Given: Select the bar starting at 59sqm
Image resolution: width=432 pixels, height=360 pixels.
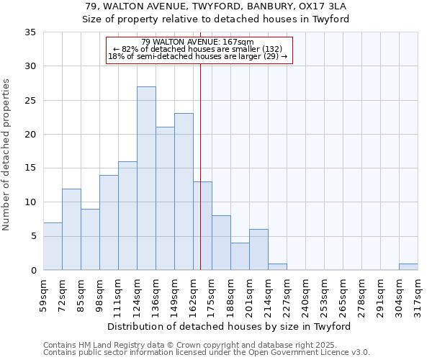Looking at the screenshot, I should click(x=53, y=246).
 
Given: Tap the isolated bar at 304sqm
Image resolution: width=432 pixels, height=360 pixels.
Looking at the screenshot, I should click(x=408, y=266).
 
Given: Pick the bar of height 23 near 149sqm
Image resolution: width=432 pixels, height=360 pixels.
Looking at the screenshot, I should click(x=184, y=192).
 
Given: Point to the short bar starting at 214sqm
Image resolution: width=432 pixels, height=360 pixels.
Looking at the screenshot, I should click(x=277, y=266).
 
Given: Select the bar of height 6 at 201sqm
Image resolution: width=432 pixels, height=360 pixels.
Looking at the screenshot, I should click(x=258, y=249).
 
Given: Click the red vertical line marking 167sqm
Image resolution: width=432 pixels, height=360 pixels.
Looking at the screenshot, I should click(x=200, y=166).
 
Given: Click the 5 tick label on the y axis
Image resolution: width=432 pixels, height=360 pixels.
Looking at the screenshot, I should click(x=32, y=236).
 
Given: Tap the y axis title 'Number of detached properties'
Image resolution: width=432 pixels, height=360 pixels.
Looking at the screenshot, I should click(x=7, y=155).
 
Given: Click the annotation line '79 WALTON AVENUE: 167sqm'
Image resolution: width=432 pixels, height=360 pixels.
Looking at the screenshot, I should click(x=197, y=42).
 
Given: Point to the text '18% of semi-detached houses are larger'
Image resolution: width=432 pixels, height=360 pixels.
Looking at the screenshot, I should click(x=197, y=56).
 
